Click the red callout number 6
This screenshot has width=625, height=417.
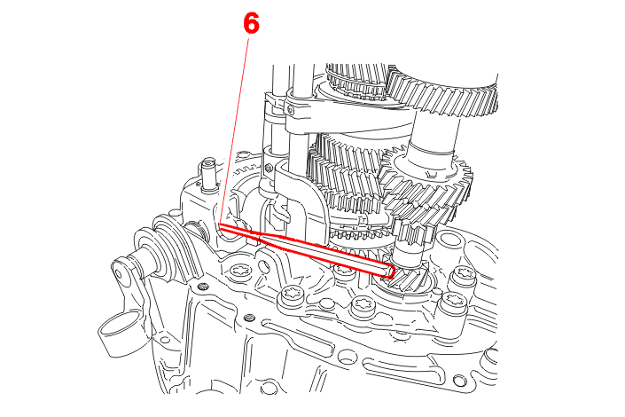(252, 23)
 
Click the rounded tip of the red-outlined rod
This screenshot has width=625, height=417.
(391, 271)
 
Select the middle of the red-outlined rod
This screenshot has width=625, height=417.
(307, 250)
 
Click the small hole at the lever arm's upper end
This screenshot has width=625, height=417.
(119, 274)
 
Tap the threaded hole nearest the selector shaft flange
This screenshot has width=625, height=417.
(203, 286)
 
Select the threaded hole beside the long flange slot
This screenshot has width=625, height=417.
(249, 318)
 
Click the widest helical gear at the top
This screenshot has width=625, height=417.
(442, 94)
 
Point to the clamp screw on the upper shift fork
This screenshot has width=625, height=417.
(290, 110)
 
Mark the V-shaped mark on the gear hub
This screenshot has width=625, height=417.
(430, 175)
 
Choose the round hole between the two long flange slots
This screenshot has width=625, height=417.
(348, 355)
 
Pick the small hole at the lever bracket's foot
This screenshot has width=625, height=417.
(162, 340)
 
